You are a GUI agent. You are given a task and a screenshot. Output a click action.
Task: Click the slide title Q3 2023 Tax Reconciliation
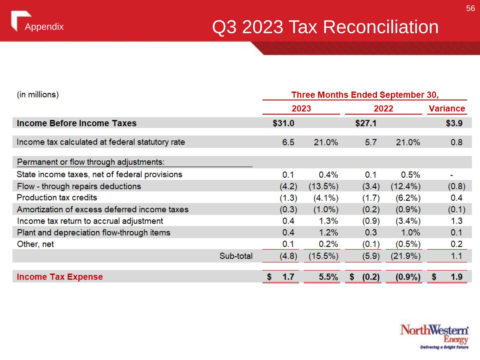[325, 27]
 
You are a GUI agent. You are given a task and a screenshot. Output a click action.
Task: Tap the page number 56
[470, 8]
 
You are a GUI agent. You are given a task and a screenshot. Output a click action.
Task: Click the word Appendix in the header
[44, 27]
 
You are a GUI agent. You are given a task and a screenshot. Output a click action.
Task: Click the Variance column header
[447, 109]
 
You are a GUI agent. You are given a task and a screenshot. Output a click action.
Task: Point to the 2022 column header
[383, 109]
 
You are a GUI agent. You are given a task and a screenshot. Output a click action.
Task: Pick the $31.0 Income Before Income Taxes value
[283, 123]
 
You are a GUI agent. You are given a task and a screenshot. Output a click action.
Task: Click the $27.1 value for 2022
[366, 123]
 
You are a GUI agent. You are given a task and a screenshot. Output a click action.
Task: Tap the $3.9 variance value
[454, 123]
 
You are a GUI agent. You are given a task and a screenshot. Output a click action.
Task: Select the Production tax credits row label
[57, 198]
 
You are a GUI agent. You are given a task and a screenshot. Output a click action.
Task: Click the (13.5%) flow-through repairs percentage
[324, 186]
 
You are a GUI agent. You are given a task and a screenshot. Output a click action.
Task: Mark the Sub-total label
[236, 256]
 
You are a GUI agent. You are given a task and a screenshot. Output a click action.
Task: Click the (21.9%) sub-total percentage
[405, 256]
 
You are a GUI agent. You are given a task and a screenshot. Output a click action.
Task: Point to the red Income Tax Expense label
[60, 277]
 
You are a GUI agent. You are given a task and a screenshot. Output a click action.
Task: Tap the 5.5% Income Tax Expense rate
[328, 277]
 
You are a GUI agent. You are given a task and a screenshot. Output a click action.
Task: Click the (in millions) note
[38, 95]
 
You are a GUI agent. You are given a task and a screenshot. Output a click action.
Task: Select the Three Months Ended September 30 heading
[365, 95]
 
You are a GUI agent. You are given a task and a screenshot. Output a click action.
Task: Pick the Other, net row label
[36, 244]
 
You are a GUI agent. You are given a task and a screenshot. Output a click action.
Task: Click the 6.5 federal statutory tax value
[288, 142]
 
